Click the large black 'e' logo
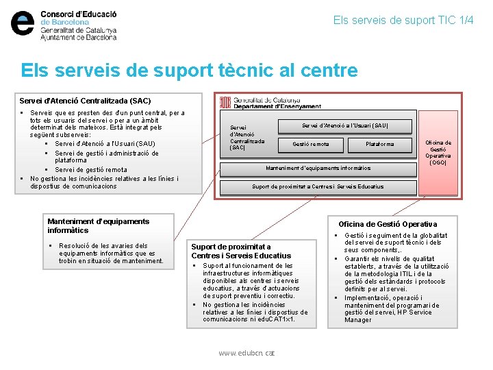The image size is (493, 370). point(23,23)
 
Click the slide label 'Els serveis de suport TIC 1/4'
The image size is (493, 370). point(403,20)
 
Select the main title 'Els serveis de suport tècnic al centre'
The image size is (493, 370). point(189,70)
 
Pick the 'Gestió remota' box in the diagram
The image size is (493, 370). point(311,144)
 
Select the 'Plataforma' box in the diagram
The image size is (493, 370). point(379,144)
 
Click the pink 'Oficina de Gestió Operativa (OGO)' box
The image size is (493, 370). point(438,152)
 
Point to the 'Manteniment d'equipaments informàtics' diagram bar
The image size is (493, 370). point(318,167)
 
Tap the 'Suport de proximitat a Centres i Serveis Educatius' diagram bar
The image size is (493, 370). point(318,186)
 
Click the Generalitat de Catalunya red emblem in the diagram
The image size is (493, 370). point(225,102)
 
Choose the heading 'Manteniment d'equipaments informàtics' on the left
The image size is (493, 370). point(98,225)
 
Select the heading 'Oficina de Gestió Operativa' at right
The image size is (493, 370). point(388,224)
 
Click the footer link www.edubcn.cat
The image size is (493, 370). point(246,353)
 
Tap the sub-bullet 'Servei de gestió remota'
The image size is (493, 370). point(91,170)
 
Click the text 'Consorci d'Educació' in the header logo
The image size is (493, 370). point(79,14)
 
